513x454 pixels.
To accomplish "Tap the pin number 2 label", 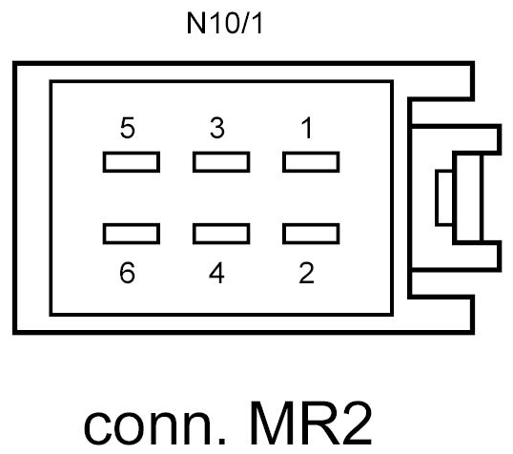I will pos(305,274).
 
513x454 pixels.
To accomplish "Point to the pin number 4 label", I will pos(218,274).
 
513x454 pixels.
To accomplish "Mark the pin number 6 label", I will pos(130,274).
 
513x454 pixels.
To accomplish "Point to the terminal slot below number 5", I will pos(131,163).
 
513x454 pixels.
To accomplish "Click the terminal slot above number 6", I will pos(131,233).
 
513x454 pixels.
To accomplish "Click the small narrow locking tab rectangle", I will pos(443,197).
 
